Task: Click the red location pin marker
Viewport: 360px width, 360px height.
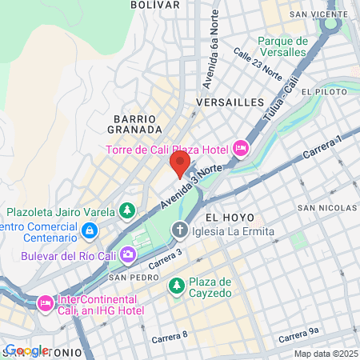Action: pyautogui.click(x=179, y=164)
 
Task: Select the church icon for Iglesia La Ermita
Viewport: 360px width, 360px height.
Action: pyautogui.click(x=181, y=232)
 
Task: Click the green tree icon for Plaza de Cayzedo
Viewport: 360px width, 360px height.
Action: pyautogui.click(x=177, y=284)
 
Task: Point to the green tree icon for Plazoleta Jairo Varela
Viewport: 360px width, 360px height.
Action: pyautogui.click(x=126, y=211)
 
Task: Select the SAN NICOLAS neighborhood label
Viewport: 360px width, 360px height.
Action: pyautogui.click(x=327, y=208)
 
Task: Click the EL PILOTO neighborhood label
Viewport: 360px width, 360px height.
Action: pyautogui.click(x=326, y=92)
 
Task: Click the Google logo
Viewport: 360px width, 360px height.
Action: pyautogui.click(x=26, y=350)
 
